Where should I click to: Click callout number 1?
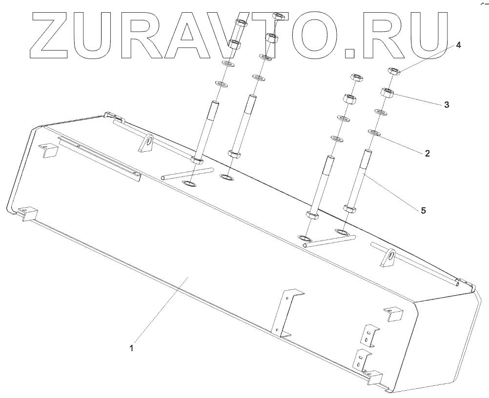(131, 348)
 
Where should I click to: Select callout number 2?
(427, 153)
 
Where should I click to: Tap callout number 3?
(447, 104)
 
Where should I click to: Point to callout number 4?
(458, 44)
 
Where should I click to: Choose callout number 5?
(423, 210)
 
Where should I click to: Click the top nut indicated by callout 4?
(394, 71)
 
